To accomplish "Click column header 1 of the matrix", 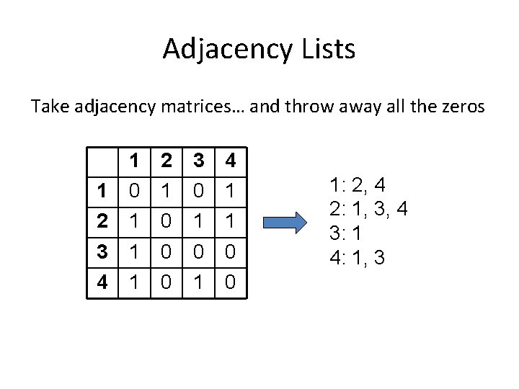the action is (134, 162).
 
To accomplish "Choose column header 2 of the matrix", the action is (167, 162).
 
